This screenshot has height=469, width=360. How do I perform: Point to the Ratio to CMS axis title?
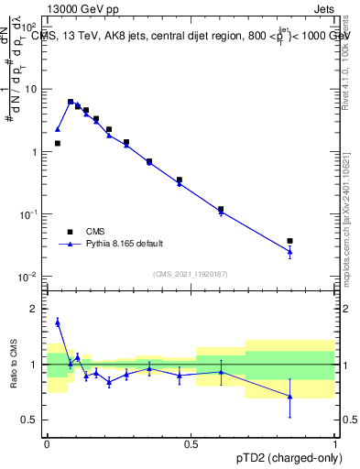15,365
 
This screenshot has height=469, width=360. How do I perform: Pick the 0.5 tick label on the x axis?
191,444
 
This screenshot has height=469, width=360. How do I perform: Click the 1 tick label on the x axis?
334,444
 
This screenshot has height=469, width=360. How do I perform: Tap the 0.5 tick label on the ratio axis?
31,420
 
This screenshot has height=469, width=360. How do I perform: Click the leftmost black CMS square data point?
58,143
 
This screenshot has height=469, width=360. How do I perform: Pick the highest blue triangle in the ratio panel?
58,322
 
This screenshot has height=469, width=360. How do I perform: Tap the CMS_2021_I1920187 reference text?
190,273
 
